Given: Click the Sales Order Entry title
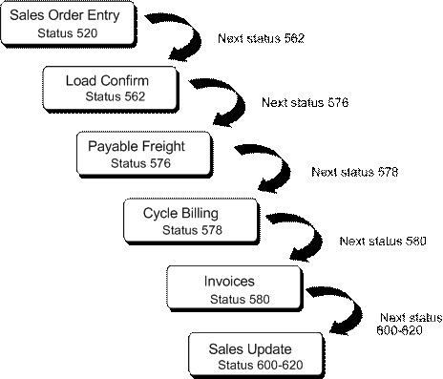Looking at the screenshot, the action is coord(66,15).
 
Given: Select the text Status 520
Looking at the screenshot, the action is coord(67,33).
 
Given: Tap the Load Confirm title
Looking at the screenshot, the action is coord(107,79).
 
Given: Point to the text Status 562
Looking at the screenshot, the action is coord(115,96).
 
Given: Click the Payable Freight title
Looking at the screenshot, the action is coord(137,146).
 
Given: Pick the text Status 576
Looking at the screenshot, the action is coord(140,163).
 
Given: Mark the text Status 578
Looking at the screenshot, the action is coord(191,230).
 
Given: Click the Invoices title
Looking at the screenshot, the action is coord(229,282).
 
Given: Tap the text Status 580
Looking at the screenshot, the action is coord(240,300).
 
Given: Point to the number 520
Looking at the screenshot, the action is coord(85,33).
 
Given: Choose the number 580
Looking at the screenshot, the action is coord(258,300).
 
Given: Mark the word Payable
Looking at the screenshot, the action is coord(113,146).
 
